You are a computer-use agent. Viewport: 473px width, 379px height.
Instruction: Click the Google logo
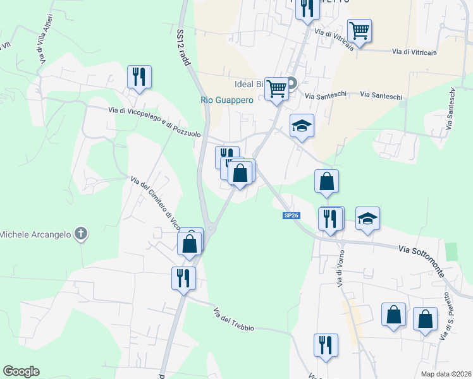[21, 371]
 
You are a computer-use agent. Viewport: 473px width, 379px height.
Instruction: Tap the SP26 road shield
[290, 216]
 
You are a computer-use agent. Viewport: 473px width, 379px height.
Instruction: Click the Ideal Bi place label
[249, 84]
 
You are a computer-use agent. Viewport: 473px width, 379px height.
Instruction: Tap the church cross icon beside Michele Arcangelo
[80, 234]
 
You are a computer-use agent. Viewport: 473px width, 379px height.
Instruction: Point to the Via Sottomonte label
[427, 258]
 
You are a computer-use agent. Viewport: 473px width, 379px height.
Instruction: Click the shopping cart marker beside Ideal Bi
[276, 88]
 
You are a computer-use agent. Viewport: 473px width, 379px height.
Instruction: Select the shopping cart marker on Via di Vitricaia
[359, 30]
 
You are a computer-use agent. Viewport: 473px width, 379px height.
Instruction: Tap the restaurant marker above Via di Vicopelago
[138, 77]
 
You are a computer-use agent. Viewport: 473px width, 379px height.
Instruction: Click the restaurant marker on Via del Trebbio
[183, 278]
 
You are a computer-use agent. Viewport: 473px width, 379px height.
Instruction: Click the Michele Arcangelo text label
[35, 235]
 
